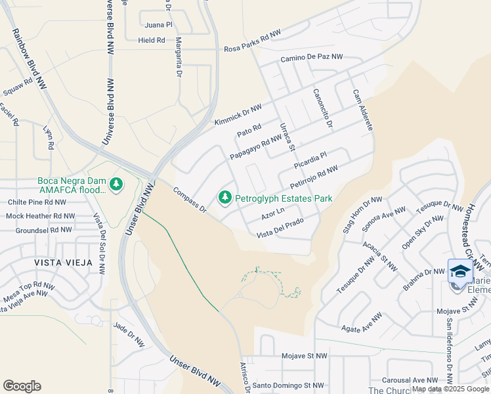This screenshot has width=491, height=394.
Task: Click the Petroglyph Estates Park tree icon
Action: (x=225, y=197)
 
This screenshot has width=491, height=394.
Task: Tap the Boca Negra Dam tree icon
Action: (x=116, y=183)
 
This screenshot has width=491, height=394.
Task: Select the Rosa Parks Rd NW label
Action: (x=252, y=49)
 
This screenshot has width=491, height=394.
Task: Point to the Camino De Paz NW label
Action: (x=312, y=58)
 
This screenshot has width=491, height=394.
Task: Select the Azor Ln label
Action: (x=272, y=214)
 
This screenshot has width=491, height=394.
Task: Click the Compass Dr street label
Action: (x=190, y=200)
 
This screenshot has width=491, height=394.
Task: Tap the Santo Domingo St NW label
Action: (x=289, y=385)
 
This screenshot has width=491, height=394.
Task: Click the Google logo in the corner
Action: (x=22, y=386)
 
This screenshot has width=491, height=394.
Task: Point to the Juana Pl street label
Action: (x=159, y=25)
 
